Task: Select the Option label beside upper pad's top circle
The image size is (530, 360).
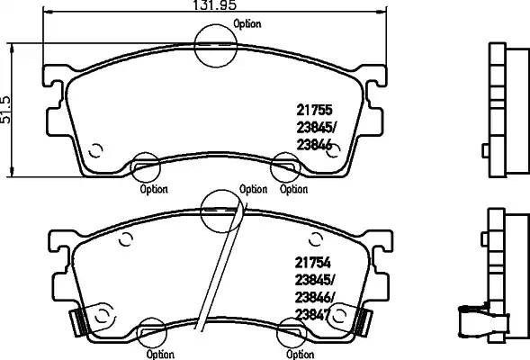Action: click(x=249, y=24)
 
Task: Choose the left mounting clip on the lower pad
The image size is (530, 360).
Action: click(x=83, y=318)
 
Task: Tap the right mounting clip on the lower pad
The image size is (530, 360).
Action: click(x=363, y=318)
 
